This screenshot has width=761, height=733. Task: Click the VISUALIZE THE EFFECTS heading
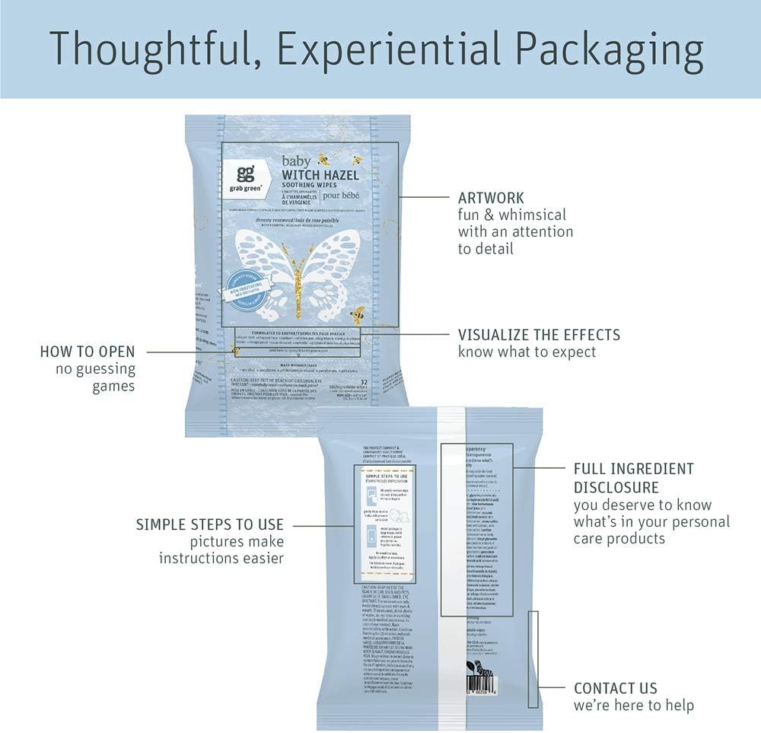coord(539,335)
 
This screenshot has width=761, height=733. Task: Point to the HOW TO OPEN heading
coord(88,352)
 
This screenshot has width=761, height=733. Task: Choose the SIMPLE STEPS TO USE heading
coord(210,524)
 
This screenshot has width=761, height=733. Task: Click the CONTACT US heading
coord(615,688)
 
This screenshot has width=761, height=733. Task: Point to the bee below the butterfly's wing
coord(358,313)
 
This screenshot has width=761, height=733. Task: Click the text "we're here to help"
coord(633,706)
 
